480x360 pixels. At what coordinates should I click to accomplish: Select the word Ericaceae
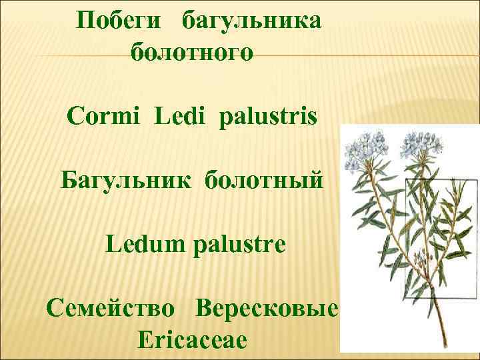pyautogui.click(x=192, y=341)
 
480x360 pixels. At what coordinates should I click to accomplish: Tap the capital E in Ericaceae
pyautogui.click(x=145, y=341)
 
